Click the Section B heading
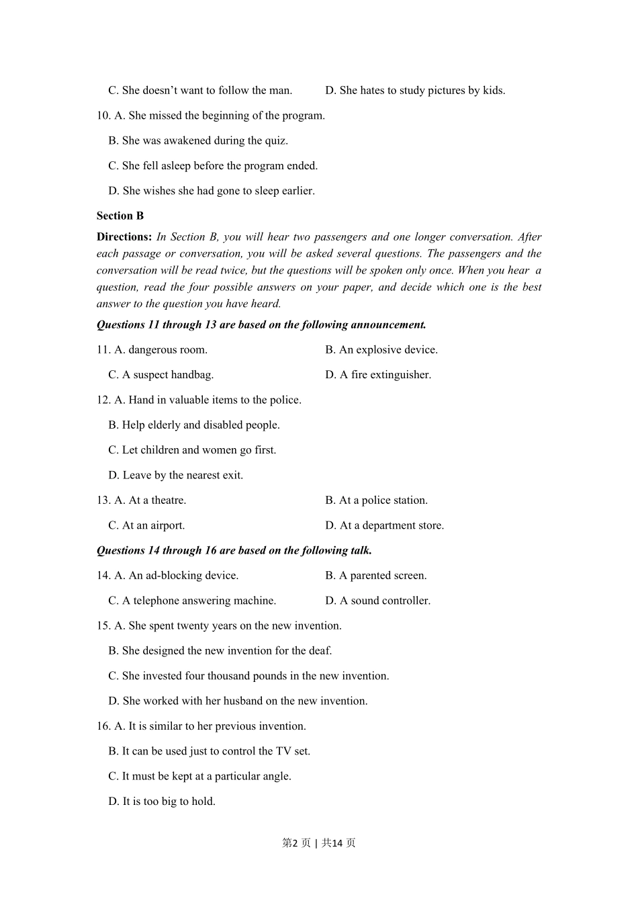click(120, 216)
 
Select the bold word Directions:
click(124, 236)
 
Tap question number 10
click(103, 116)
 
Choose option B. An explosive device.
click(381, 349)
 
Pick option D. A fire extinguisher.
click(378, 375)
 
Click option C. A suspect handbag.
click(161, 375)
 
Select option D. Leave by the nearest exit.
click(175, 475)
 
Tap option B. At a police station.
click(376, 500)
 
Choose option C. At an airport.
click(146, 525)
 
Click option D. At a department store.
click(384, 525)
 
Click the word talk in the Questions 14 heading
click(360, 550)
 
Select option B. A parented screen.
click(375, 575)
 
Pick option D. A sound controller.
click(377, 601)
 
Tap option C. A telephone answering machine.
click(192, 601)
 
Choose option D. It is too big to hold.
click(162, 801)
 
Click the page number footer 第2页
click(296, 843)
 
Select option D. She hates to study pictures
click(415, 90)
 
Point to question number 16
click(103, 726)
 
